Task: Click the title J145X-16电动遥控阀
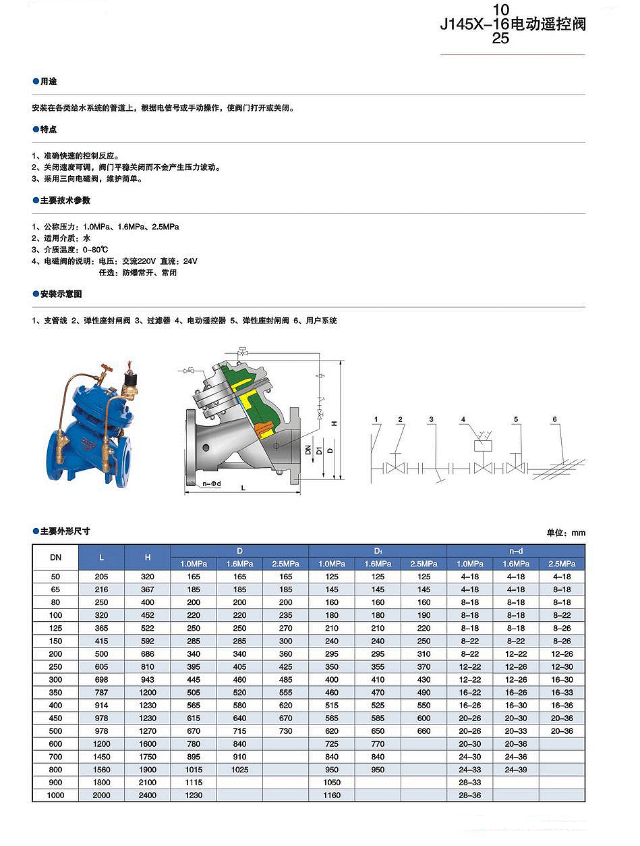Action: tap(513, 25)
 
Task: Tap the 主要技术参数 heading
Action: tap(65, 201)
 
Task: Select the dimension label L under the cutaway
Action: tap(242, 487)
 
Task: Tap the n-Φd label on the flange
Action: tap(211, 483)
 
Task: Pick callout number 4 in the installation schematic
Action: tap(463, 420)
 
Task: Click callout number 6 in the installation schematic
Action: tap(554, 419)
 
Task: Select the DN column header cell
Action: tap(55, 557)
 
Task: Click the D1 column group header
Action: tap(378, 551)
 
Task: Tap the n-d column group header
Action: tap(516, 551)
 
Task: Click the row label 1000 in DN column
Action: tap(55, 795)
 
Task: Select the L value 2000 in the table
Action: tap(101, 795)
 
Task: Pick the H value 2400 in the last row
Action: tap(147, 795)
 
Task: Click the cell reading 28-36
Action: tap(470, 795)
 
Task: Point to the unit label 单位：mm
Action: tap(566, 533)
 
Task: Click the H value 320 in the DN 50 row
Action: tap(147, 577)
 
